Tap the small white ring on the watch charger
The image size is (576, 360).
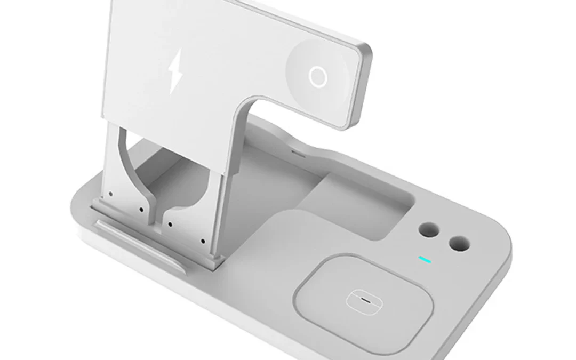pos(317,78)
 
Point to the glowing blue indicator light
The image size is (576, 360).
pos(425,260)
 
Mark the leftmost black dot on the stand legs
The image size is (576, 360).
pos(110,194)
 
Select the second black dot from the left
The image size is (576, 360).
pos(140,209)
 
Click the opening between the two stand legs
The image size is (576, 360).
pos(160,176)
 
